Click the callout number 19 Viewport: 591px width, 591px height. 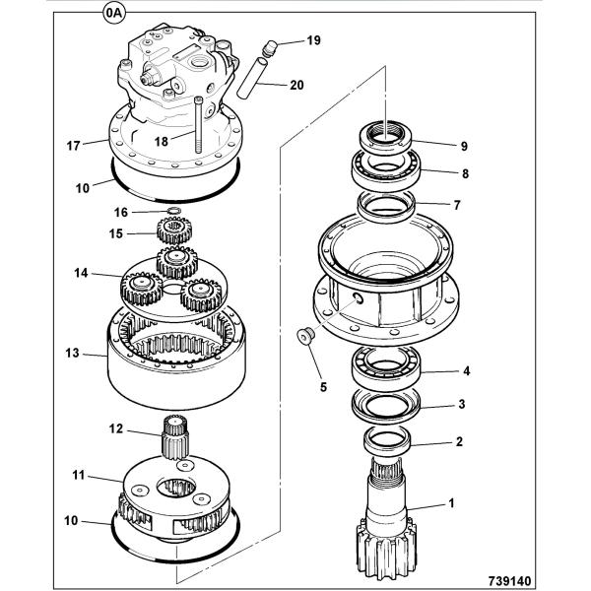pyautogui.click(x=313, y=40)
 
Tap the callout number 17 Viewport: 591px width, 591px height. pyautogui.click(x=73, y=146)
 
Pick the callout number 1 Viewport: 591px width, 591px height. pyautogui.click(x=451, y=504)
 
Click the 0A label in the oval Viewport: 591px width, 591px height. pyautogui.click(x=114, y=15)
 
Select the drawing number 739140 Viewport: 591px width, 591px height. pyautogui.click(x=538, y=581)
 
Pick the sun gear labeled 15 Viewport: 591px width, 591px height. pyautogui.click(x=172, y=234)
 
